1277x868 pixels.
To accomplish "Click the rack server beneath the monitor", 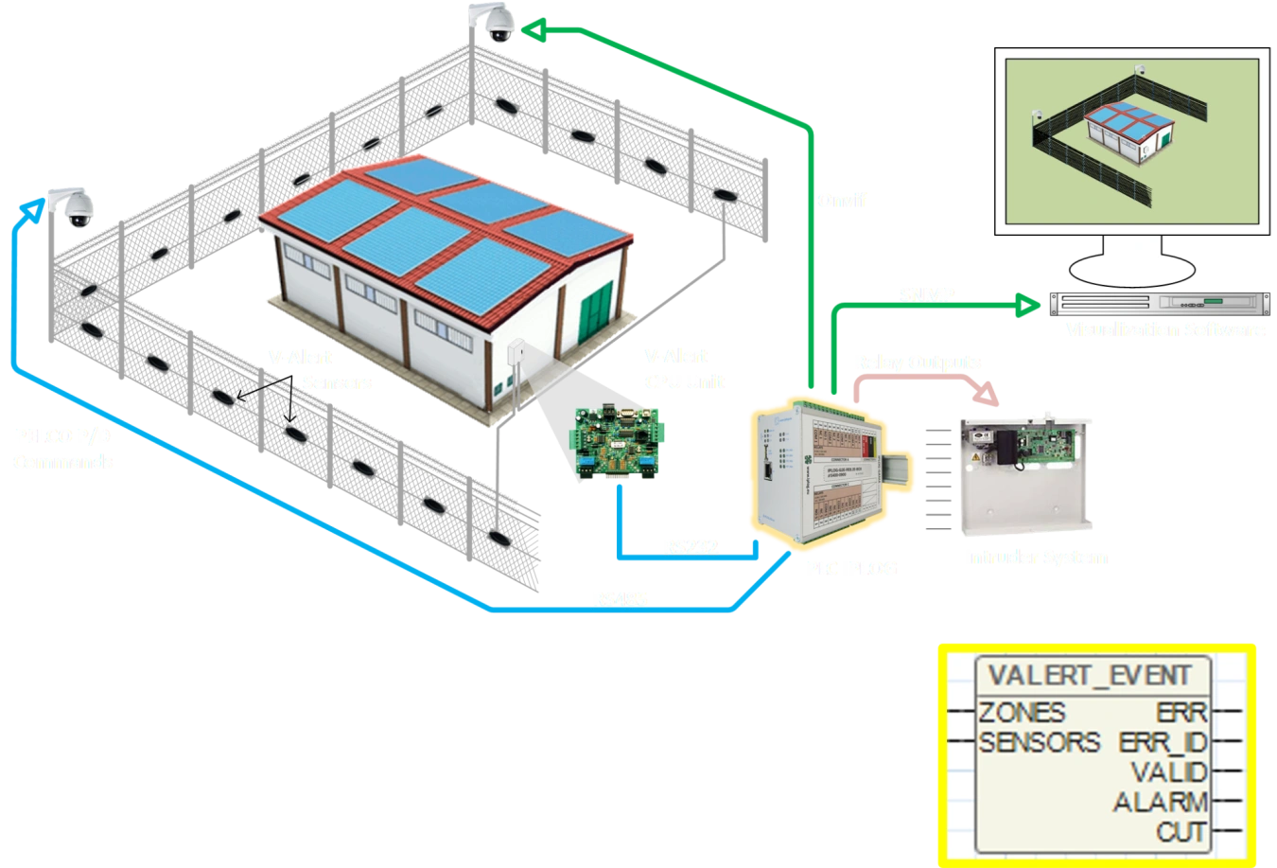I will pyautogui.click(x=1158, y=304).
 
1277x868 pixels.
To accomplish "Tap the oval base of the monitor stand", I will pyautogui.click(x=1129, y=269).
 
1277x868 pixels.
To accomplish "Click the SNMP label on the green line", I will pyautogui.click(x=926, y=295).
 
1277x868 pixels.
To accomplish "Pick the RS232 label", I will pyautogui.click(x=692, y=547).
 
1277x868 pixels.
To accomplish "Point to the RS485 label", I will pyautogui.click(x=622, y=599).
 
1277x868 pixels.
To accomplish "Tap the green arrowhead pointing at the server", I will pyautogui.click(x=1027, y=305).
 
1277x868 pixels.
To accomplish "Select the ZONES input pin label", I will pyautogui.click(x=1022, y=712).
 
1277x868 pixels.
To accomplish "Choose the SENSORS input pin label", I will pyautogui.click(x=1039, y=742).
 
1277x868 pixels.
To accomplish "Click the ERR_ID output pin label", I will pyautogui.click(x=1163, y=742).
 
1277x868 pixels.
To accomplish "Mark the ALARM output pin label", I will pyautogui.click(x=1161, y=803).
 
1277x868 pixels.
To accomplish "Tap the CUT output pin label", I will pyautogui.click(x=1181, y=833).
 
